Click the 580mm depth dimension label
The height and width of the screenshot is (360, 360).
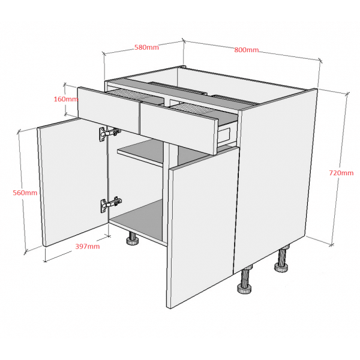(146, 47)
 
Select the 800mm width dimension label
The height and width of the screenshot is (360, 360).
(247, 50)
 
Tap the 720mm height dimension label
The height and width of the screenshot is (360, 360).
(341, 173)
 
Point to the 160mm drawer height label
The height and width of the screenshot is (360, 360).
(66, 99)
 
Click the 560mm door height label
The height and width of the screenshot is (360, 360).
(25, 193)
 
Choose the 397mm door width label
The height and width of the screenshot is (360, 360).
(88, 247)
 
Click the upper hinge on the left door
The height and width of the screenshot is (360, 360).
(110, 134)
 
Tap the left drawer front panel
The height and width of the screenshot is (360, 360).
(108, 109)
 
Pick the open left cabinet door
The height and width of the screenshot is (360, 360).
(73, 182)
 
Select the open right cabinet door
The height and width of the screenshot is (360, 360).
(203, 227)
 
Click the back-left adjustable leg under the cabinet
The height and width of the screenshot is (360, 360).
(133, 239)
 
